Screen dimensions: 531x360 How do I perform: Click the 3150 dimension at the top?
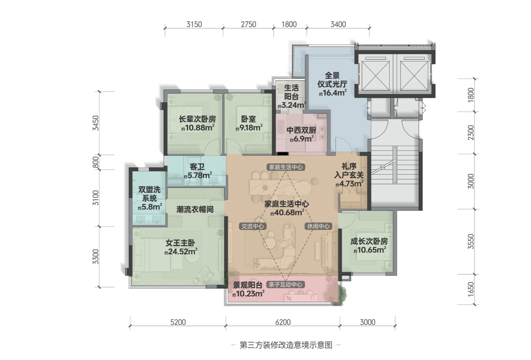[194, 24]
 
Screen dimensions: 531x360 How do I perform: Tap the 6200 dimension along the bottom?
[283, 322]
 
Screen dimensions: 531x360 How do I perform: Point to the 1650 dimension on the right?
[471, 289]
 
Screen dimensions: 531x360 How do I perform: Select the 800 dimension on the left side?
[96, 162]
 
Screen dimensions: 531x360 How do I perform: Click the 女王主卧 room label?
[180, 243]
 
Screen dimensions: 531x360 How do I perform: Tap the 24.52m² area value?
[181, 252]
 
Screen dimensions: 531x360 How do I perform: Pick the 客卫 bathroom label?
[197, 167]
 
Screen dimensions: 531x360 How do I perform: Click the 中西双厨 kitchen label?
[301, 130]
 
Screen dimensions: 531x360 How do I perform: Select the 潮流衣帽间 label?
[195, 209]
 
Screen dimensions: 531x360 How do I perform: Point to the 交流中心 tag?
[253, 226]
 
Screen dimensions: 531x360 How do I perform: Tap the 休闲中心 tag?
[318, 226]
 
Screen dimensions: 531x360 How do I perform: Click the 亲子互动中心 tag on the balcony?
[285, 285]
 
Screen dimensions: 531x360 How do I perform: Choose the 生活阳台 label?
[291, 92]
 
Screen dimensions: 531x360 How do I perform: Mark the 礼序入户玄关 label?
[349, 171]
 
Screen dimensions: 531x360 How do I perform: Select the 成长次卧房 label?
[369, 241]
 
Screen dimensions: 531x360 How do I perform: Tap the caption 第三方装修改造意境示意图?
[286, 345]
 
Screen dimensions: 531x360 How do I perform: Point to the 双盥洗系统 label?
[149, 194]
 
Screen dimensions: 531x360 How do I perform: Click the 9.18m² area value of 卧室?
[249, 128]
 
